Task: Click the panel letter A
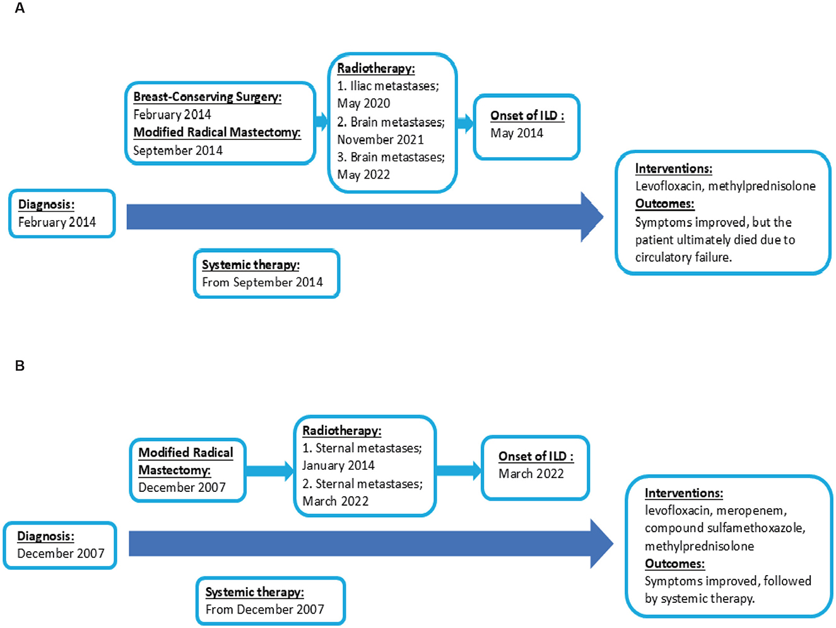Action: (20, 9)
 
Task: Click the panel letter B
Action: (20, 366)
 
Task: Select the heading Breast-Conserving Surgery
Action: (207, 97)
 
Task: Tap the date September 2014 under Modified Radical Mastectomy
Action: (178, 151)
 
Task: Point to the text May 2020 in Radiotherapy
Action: (363, 103)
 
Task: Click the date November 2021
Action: (380, 139)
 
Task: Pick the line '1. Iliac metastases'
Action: (387, 86)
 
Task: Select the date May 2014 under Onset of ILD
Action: (517, 133)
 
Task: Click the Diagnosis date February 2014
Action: (57, 222)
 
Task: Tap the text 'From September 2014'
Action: (262, 282)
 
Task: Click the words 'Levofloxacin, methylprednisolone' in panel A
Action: (725, 186)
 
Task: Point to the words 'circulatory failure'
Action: (683, 257)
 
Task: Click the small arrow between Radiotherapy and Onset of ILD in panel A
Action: (465, 123)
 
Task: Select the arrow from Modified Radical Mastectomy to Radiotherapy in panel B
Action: (269, 470)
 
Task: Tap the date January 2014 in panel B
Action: (338, 465)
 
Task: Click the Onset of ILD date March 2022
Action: (531, 474)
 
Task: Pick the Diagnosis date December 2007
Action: (61, 554)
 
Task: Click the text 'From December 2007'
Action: (265, 610)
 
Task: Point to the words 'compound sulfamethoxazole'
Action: (724, 528)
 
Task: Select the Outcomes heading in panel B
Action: (674, 564)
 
